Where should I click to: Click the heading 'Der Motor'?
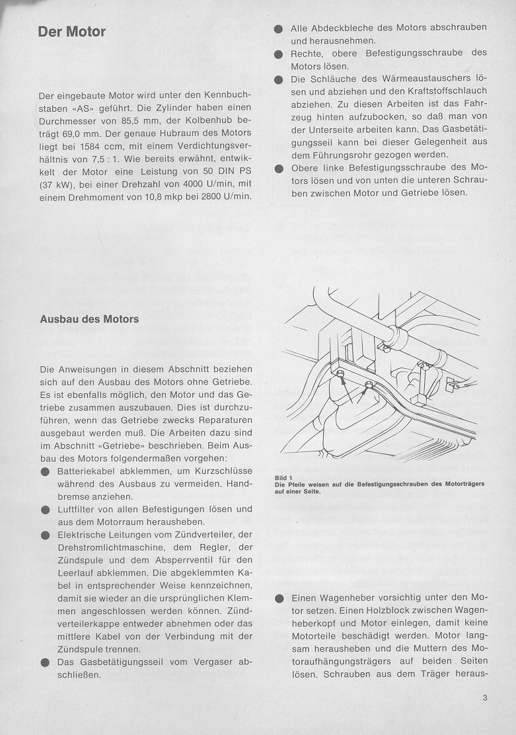(x=72, y=32)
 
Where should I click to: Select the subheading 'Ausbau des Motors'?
(x=89, y=319)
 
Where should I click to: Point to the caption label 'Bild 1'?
(x=283, y=477)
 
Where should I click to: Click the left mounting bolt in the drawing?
(x=340, y=375)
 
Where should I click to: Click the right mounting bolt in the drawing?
(x=369, y=385)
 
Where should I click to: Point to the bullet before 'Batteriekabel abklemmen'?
(x=44, y=472)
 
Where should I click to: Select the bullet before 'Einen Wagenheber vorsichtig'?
(x=278, y=599)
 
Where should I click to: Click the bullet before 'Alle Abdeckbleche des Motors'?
(x=278, y=28)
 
